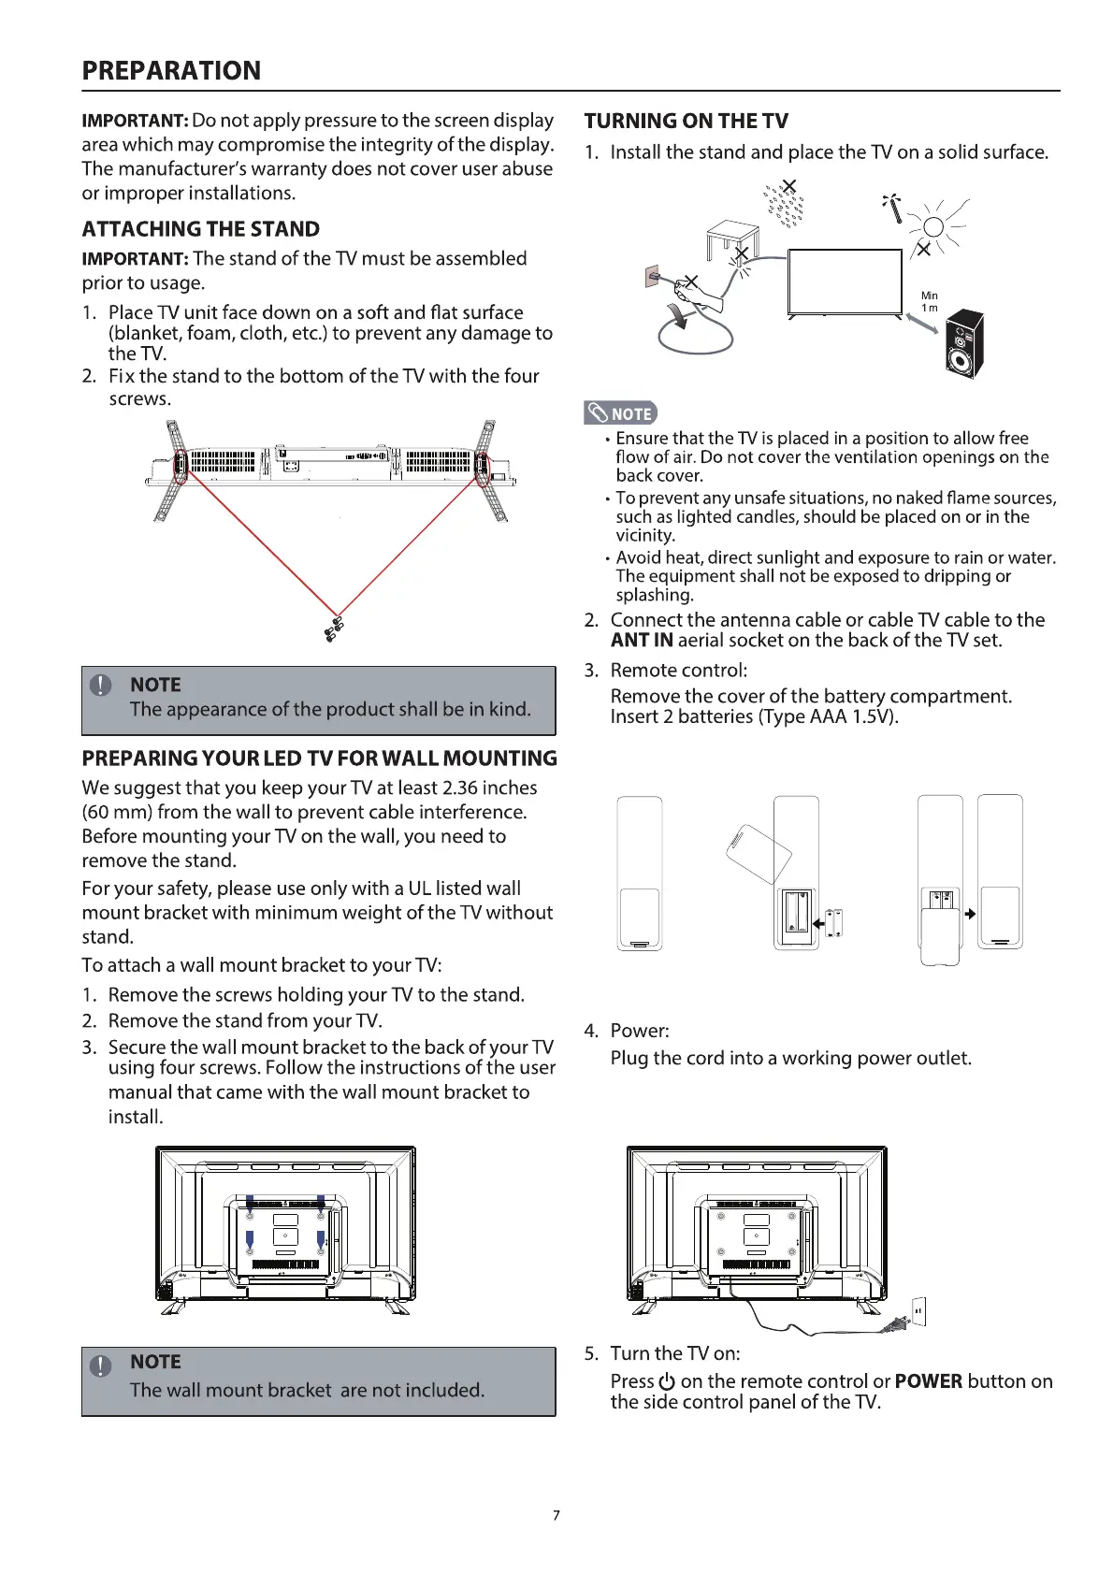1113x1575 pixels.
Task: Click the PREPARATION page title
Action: [171, 71]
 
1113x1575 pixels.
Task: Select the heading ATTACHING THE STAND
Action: [200, 229]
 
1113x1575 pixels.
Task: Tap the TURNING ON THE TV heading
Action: [686, 121]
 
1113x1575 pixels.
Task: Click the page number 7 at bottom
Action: [556, 1515]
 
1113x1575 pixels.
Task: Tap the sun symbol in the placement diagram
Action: [932, 226]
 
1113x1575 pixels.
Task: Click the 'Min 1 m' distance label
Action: [930, 301]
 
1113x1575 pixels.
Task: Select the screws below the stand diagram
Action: [333, 629]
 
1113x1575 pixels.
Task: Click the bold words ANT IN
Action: [642, 641]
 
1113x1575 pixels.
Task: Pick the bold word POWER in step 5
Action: [928, 1381]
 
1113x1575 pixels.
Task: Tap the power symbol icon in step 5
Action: [667, 1382]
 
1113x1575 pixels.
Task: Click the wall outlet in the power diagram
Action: [918, 1311]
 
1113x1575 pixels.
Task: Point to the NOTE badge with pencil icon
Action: [620, 412]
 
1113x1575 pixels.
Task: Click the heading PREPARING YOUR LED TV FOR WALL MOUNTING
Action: [319, 759]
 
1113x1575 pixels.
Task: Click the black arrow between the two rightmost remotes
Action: [970, 914]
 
